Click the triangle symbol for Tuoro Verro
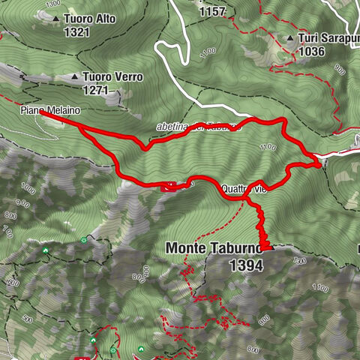pos(74,76)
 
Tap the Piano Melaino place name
pos(50,109)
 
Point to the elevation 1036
pos(310,52)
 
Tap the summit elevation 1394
pos(247,265)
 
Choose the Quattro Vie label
pos(244,189)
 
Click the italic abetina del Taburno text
pos(199,127)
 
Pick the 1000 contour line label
pos(28,187)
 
